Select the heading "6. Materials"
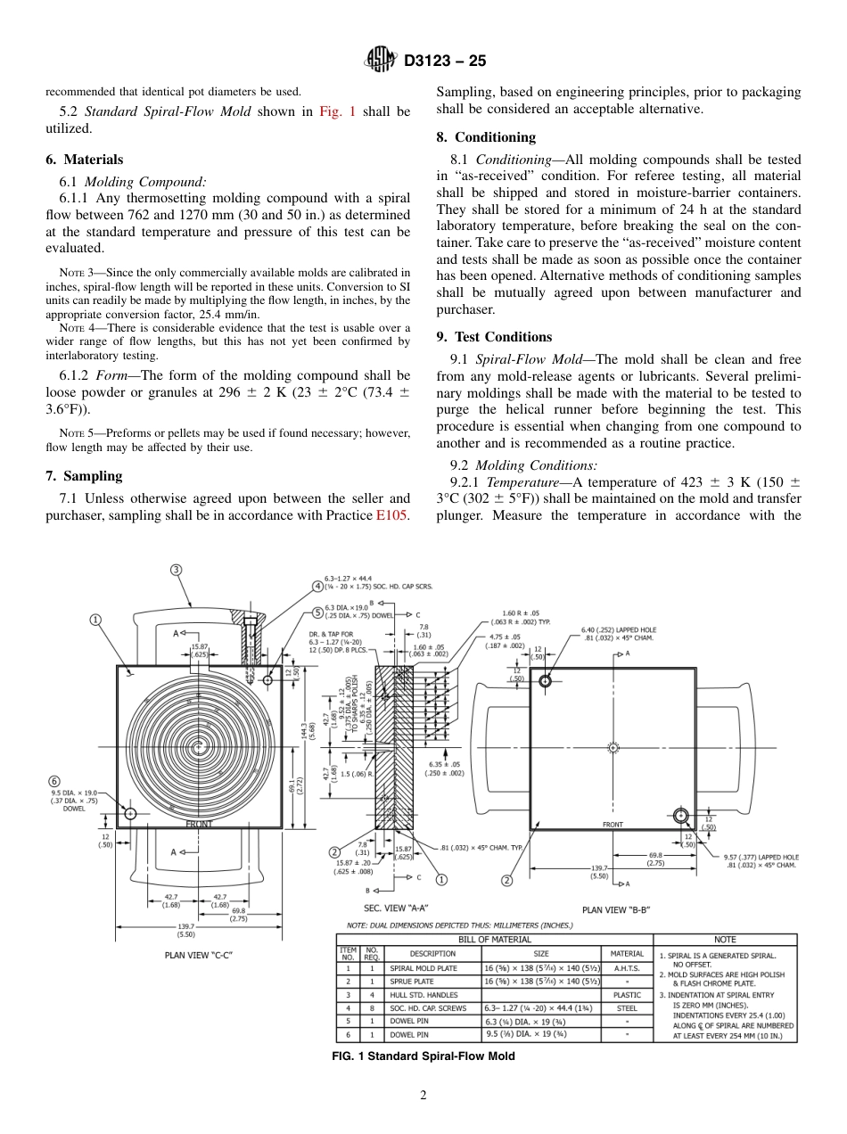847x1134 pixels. [84, 160]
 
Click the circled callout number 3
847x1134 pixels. [177, 570]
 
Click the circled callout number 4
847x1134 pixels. [317, 586]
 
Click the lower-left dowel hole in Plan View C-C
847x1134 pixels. [130, 813]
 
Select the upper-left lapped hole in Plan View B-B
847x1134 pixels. [545, 681]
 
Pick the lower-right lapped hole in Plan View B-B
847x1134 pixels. [680, 815]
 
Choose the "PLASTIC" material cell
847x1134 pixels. [627, 994]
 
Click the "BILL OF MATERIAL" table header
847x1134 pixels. [494, 939]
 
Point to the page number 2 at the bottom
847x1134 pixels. [423, 1096]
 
